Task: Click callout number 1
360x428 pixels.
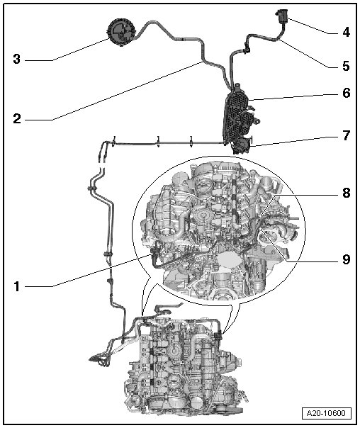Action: pyautogui.click(x=17, y=286)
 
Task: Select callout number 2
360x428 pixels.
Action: pyautogui.click(x=17, y=119)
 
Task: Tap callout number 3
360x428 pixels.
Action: pyautogui.click(x=17, y=59)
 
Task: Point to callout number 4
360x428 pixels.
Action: pyautogui.click(x=346, y=32)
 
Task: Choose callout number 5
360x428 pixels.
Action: pyautogui.click(x=346, y=66)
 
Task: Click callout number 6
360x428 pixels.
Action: pyautogui.click(x=347, y=93)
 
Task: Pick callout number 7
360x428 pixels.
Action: pyautogui.click(x=347, y=135)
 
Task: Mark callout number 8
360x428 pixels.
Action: pyautogui.click(x=347, y=193)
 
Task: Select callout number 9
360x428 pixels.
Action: pyautogui.click(x=347, y=259)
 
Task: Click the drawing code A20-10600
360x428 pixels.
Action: pyautogui.click(x=326, y=413)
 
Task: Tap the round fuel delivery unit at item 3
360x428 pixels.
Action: pyautogui.click(x=122, y=32)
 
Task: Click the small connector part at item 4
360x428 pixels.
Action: pyautogui.click(x=281, y=16)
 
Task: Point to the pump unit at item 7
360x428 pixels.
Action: pyautogui.click(x=242, y=146)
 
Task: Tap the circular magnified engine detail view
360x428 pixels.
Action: pyautogui.click(x=219, y=230)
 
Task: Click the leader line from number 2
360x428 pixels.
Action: pyautogui.click(x=128, y=91)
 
